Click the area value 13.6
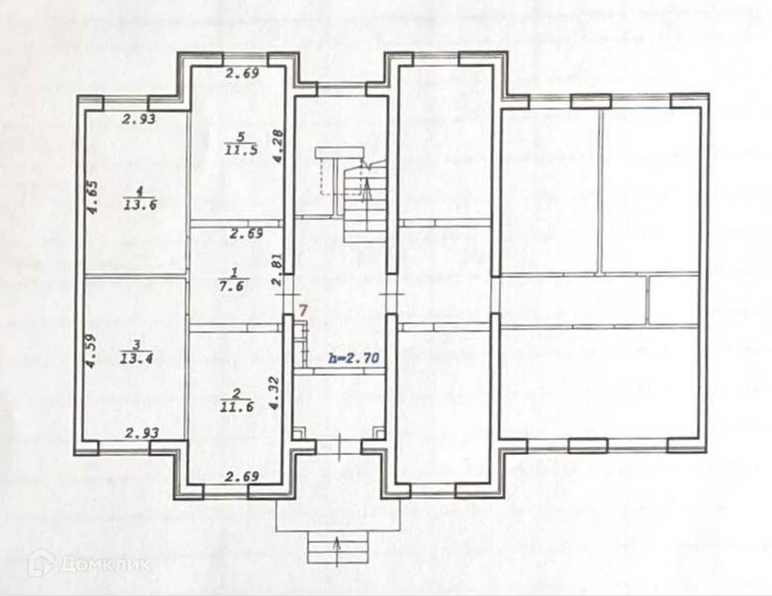tap(141, 206)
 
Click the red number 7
tap(302, 310)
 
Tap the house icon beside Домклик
tap(41, 563)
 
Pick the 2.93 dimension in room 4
tap(138, 118)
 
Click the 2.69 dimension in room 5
tap(242, 73)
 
